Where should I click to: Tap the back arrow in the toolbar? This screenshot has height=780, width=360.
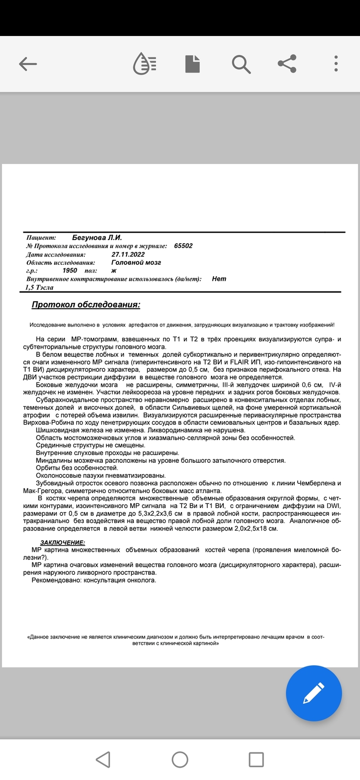tap(28, 64)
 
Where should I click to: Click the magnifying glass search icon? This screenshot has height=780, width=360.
tap(241, 64)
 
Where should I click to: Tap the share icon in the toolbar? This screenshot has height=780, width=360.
tap(287, 64)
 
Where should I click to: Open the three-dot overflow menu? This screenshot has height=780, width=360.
tap(336, 64)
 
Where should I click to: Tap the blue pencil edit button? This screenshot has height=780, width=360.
tap(314, 693)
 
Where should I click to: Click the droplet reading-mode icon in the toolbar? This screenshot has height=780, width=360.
tap(145, 64)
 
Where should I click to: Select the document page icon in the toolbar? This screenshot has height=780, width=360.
tap(192, 64)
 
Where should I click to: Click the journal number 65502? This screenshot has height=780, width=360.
tap(183, 246)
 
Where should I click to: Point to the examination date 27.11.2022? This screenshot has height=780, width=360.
tap(128, 254)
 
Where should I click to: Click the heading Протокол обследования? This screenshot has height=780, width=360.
tap(86, 305)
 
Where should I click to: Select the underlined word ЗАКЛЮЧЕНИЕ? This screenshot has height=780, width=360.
tap(63, 542)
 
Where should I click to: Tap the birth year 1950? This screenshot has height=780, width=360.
tap(69, 270)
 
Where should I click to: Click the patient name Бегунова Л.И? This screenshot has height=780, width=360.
tap(97, 238)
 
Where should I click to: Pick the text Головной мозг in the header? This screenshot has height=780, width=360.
tap(136, 262)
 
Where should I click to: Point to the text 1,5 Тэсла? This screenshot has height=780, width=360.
tap(39, 287)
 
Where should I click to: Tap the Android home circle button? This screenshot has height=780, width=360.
tap(179, 759)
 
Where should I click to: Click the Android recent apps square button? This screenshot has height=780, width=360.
tap(256, 759)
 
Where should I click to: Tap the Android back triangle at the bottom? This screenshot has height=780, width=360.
tap(103, 759)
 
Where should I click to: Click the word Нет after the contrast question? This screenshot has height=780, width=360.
tap(219, 279)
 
